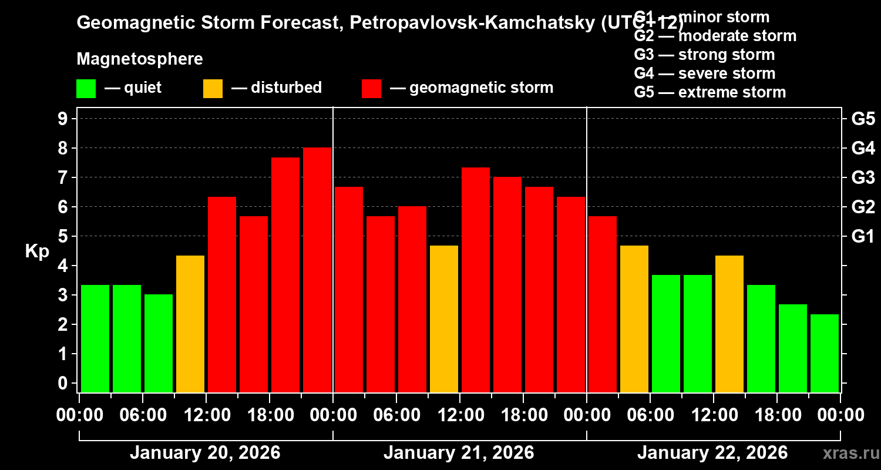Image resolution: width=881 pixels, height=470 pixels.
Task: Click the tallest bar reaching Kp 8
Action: [317, 270]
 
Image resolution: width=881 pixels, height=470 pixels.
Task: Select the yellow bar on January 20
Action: [190, 324]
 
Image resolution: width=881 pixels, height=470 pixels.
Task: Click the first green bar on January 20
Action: [95, 338]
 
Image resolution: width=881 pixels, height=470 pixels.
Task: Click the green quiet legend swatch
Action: [86, 88]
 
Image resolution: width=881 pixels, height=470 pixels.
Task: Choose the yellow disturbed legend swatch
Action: [213, 88]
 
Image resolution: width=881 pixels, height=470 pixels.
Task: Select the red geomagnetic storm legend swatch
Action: [371, 88]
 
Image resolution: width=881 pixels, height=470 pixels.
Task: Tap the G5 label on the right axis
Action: [863, 119]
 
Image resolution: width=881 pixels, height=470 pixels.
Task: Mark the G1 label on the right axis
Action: [863, 237]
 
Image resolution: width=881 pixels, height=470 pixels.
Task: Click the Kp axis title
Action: [37, 251]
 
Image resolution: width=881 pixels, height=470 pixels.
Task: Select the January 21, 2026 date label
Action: [459, 453]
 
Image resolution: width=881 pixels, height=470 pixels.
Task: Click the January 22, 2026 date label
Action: [712, 453]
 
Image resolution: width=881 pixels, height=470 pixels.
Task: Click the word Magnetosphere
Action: [140, 59]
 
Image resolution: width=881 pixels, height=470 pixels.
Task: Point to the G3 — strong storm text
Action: [704, 55]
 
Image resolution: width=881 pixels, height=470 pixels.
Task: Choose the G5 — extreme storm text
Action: [709, 92]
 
